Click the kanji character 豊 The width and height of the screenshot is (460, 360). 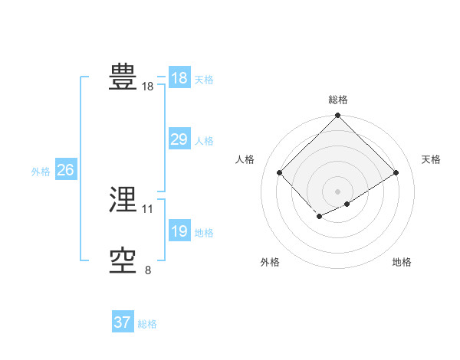point(123,77)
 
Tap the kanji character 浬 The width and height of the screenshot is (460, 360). point(123,201)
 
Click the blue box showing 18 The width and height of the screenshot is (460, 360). point(179,78)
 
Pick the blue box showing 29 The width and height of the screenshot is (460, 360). point(179,139)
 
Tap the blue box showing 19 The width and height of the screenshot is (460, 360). point(179,231)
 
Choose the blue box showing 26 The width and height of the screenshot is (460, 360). point(65,170)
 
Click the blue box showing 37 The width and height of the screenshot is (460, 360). point(122,322)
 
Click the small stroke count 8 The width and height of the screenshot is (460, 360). point(147,270)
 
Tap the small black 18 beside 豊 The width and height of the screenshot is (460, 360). point(147,87)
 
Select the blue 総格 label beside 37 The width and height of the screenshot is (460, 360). point(147,324)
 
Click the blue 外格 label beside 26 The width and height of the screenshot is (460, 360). point(41,172)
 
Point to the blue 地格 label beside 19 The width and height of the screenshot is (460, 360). point(204,233)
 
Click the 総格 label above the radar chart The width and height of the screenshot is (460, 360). point(337,100)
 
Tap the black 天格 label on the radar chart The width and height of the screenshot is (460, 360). point(431,159)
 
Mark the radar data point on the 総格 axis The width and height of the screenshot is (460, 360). point(337,116)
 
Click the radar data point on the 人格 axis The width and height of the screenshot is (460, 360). point(280,173)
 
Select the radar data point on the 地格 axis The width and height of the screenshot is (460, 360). point(347,204)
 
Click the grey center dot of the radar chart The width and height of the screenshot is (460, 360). point(337,191)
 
